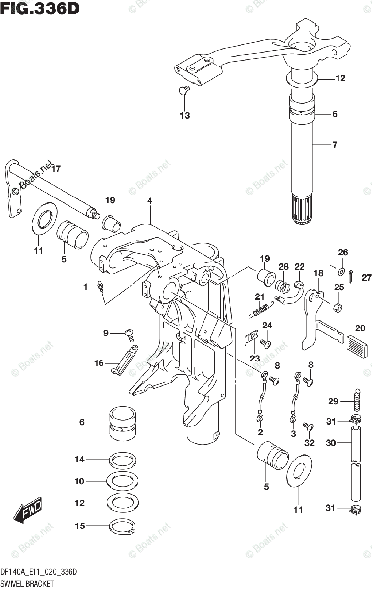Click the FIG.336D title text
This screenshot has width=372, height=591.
tap(39, 8)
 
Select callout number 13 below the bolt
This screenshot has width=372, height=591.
tap(184, 116)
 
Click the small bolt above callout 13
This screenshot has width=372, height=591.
tap(183, 90)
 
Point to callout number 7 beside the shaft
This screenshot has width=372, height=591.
tap(334, 145)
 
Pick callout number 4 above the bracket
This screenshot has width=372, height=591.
tap(149, 200)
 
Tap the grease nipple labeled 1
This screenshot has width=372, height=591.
tap(100, 286)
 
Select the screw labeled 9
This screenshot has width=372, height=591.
tap(130, 334)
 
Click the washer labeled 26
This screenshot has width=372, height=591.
tap(340, 271)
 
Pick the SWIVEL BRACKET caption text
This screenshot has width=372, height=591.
tap(27, 584)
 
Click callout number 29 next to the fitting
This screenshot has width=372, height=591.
tap(333, 402)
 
